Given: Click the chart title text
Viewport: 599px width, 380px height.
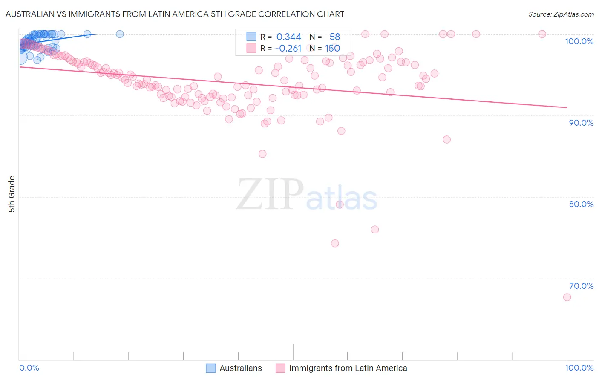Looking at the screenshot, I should pos(175,14).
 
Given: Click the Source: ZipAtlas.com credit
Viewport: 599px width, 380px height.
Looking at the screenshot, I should pos(561,14).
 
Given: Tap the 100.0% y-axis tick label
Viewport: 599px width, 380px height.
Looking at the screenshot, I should pos(579,41).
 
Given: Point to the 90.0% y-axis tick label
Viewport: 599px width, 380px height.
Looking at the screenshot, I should pos(581,123).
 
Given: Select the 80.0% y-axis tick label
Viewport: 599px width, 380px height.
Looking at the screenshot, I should pos(581,204).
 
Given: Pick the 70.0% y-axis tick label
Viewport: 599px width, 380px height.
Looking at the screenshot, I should pos(581,286).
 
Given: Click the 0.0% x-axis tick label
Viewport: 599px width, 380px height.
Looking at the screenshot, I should pos(29,368).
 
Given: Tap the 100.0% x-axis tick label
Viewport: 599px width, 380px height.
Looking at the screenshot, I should pos(579,368).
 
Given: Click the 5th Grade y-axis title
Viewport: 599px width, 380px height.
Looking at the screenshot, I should pos(12,194).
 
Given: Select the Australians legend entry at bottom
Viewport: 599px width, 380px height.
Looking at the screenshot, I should pos(240,368).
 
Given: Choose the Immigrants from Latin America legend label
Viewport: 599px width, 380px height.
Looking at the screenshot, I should pos(348,368).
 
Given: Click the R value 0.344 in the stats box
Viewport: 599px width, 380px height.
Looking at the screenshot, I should pos(288,37).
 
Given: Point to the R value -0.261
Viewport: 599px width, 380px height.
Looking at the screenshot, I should pos(288,49).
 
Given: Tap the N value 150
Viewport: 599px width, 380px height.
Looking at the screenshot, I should pos(332,49).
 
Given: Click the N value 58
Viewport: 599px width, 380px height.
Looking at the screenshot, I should pos(334,37).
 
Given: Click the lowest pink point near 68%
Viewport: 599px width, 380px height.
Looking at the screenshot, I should pos(567,297).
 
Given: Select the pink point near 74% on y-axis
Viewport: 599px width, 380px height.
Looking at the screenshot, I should pos(335,243).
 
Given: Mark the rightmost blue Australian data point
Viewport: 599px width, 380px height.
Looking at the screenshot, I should pos(120,34).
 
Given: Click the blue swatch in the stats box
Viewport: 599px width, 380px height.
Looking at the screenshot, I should pos(251,37).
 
